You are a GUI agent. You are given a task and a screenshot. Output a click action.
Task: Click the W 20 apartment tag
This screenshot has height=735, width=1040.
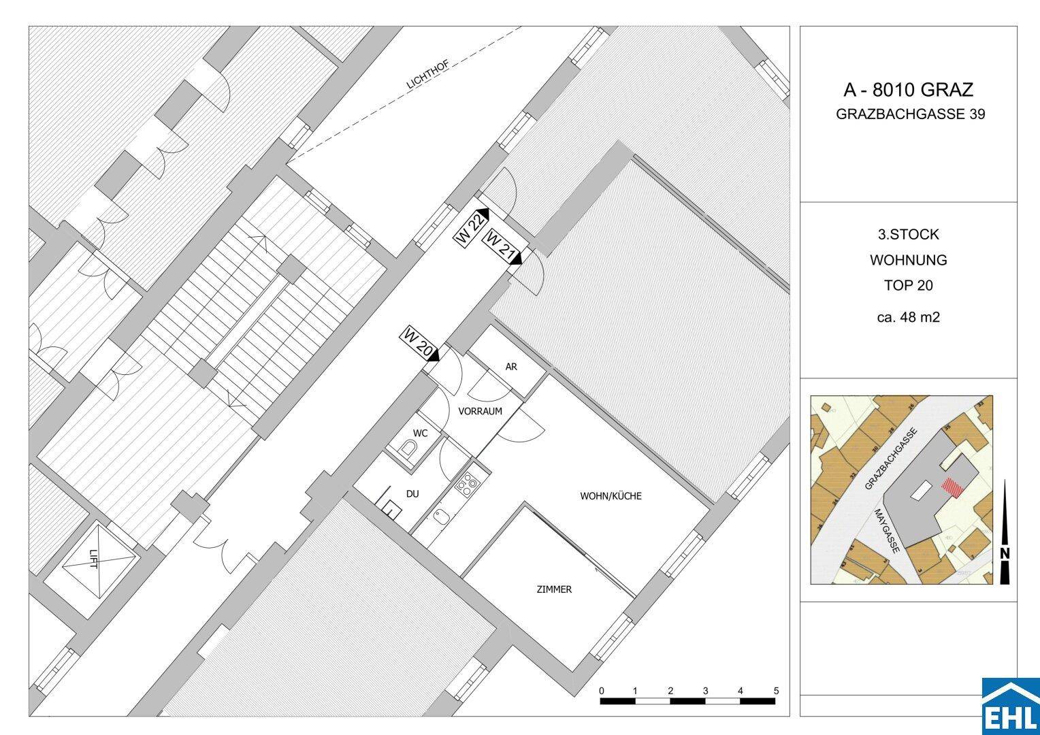point(418,344)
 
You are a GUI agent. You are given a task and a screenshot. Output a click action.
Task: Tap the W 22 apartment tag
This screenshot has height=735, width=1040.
point(472,227)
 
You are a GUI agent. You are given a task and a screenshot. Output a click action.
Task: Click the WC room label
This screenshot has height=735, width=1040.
point(420,432)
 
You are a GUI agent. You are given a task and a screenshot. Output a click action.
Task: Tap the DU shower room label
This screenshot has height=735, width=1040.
point(412,493)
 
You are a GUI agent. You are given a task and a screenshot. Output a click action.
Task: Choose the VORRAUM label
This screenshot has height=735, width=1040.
point(480,411)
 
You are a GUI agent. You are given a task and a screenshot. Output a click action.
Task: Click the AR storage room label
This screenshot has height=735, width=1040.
point(511,367)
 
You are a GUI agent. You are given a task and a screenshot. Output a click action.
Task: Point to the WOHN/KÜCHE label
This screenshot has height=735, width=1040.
point(611,496)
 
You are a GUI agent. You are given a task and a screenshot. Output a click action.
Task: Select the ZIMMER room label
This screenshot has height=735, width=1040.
point(554,589)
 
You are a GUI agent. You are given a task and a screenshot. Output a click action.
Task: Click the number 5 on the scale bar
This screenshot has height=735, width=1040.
point(776,691)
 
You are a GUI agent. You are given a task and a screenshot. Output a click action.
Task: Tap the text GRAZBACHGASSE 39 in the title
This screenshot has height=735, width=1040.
point(910,114)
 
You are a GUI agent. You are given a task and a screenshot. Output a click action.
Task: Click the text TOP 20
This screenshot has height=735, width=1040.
point(908,286)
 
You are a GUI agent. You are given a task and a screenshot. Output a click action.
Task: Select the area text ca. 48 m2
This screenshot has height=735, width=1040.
point(908,317)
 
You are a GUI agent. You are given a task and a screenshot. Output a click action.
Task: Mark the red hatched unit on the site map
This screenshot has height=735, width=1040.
point(952,488)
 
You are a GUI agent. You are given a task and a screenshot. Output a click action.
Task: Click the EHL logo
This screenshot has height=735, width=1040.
point(1010,707)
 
